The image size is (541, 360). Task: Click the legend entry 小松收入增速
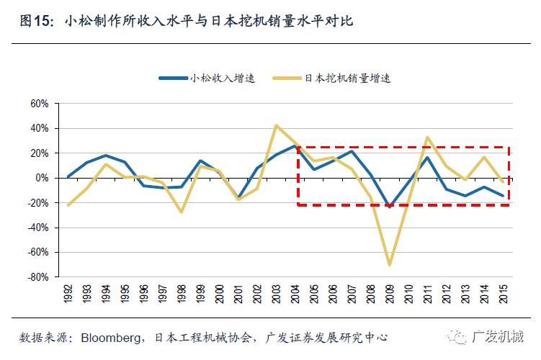222,78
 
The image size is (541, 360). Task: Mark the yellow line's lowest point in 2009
390,265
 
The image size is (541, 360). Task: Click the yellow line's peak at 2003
277,125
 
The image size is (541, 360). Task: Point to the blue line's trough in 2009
390,207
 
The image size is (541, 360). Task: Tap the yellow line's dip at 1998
182,212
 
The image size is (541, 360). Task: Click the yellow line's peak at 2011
428,137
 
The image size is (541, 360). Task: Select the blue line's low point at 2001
238,197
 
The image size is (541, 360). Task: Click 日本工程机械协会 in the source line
203,337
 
